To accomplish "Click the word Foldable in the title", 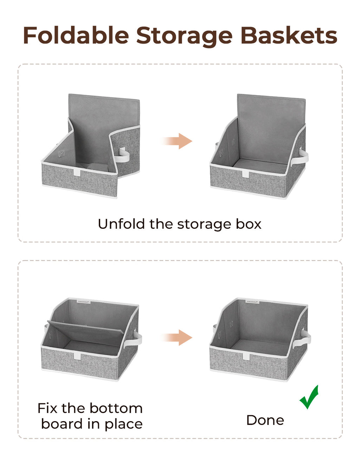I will pos(76,36).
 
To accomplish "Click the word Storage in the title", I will pos(184,36).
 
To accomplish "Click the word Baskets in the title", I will pos(289,36).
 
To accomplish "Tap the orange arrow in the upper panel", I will pos(178,141).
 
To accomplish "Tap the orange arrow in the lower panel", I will pos(178,338).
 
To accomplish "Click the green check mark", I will pos(309,398).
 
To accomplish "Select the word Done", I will pos(265,420).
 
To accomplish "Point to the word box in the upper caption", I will pos(249,224).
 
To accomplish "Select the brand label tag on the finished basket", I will pos(252,302).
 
